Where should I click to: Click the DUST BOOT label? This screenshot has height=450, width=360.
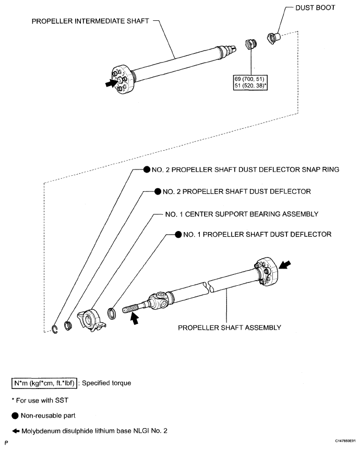tap(315, 8)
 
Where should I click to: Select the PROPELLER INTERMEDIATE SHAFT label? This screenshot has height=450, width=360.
tap(90, 21)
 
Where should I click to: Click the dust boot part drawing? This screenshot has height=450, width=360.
tap(273, 38)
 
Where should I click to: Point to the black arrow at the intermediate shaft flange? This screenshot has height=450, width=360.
tap(111, 83)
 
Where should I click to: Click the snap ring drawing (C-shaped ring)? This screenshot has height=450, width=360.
tap(55, 329)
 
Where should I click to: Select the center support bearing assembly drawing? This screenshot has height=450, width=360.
tap(91, 320)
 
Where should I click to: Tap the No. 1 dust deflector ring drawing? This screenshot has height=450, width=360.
tap(112, 313)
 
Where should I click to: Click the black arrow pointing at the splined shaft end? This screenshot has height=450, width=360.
tap(134, 319)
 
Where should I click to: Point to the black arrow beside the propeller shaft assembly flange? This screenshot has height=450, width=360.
tap(285, 265)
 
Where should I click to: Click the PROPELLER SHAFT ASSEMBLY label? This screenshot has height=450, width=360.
tap(230, 328)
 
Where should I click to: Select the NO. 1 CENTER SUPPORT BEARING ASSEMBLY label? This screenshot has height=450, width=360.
tap(242, 214)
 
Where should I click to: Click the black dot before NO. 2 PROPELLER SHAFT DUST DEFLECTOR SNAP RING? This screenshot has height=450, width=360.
tap(147, 169)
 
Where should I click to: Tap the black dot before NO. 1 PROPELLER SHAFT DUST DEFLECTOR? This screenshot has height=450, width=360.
tap(178, 235)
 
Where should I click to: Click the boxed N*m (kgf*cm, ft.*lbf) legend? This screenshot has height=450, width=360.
tap(44, 383)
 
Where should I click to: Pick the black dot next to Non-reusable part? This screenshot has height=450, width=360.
tap(15, 416)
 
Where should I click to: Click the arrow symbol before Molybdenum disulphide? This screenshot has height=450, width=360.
tap(16, 431)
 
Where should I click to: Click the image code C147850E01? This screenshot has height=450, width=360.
tap(345, 441)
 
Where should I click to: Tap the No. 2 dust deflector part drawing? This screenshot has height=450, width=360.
tap(68, 326)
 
